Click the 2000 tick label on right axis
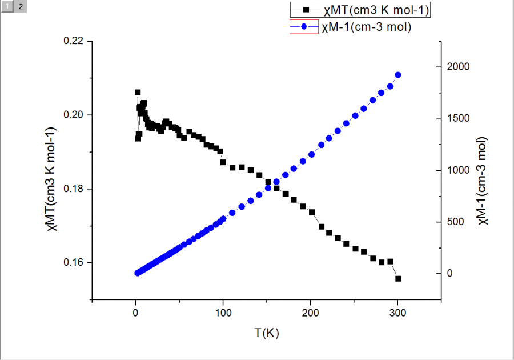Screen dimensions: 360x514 click(x=459, y=67)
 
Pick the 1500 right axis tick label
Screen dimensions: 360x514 click(x=459, y=119)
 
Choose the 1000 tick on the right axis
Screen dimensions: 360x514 click(x=459, y=170)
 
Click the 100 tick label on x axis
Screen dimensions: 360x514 click(x=223, y=313)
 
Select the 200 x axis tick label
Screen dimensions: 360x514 click(x=310, y=313)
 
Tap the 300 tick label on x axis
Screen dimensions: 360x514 click(x=398, y=313)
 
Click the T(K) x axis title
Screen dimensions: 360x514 click(x=266, y=333)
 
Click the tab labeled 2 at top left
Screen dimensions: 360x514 click(x=20, y=6)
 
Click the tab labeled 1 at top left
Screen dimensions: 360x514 click(x=7, y=6)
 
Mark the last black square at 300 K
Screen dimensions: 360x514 click(x=398, y=279)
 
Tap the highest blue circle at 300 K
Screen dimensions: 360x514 click(x=398, y=75)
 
